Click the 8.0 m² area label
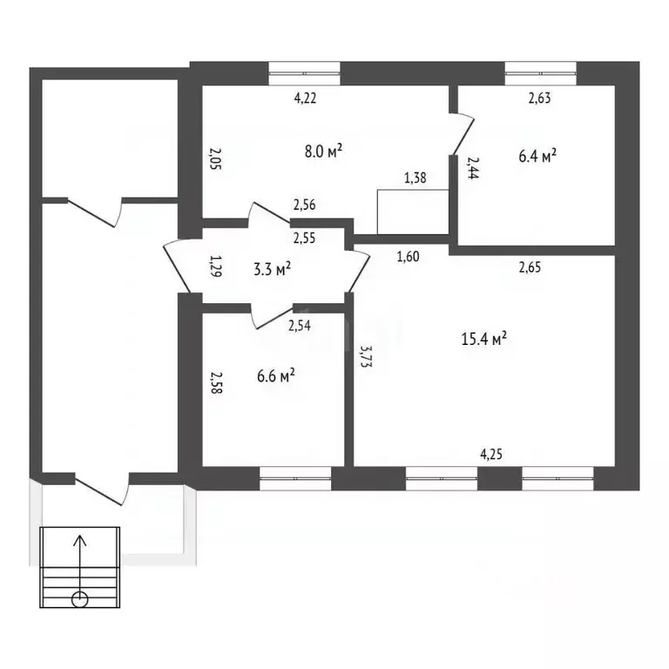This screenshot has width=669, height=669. tap(322, 151)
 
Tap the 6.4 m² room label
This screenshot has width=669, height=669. tap(537, 156)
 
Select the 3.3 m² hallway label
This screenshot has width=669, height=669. tap(272, 269)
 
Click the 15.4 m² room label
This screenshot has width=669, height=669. tap(483, 339)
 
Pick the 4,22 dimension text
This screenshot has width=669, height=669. tap(304, 98)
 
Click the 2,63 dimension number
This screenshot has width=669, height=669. tap(540, 98)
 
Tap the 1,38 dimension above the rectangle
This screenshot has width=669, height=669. tap(416, 179)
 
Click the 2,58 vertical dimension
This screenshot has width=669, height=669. tap(214, 385)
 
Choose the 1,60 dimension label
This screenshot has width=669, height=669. tap(409, 256)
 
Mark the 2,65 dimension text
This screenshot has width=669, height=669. tap(530, 267)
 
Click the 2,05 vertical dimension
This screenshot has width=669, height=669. tap(214, 159)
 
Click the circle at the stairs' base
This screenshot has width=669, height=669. tap(79, 598)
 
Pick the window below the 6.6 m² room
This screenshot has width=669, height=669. tap(295, 476)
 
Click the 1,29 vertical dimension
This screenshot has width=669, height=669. tap(214, 264)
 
